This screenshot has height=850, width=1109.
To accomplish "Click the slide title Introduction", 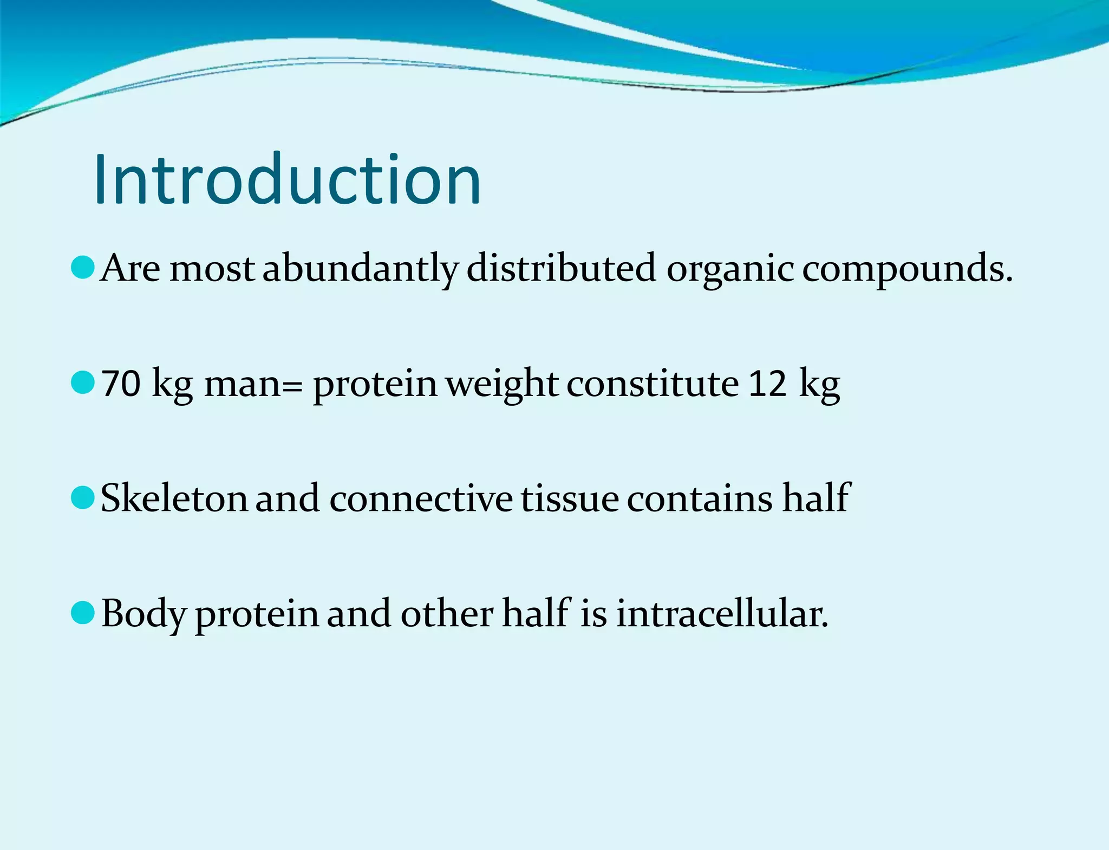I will [287, 180].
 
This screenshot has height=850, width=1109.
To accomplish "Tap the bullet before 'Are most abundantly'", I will [83, 268].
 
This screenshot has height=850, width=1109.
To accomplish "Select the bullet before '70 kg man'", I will [83, 383].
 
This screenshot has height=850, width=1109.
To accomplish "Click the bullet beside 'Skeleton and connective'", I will [83, 498].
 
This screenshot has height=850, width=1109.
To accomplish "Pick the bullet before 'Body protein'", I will [83, 613].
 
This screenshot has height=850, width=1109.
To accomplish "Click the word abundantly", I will [361, 269].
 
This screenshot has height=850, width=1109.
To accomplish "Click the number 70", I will [121, 384].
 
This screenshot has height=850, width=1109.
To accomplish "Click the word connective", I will [421, 498].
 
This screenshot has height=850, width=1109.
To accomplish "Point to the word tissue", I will [570, 498].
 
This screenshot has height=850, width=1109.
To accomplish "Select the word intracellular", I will [722, 614].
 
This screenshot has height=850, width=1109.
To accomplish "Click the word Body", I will [143, 615].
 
